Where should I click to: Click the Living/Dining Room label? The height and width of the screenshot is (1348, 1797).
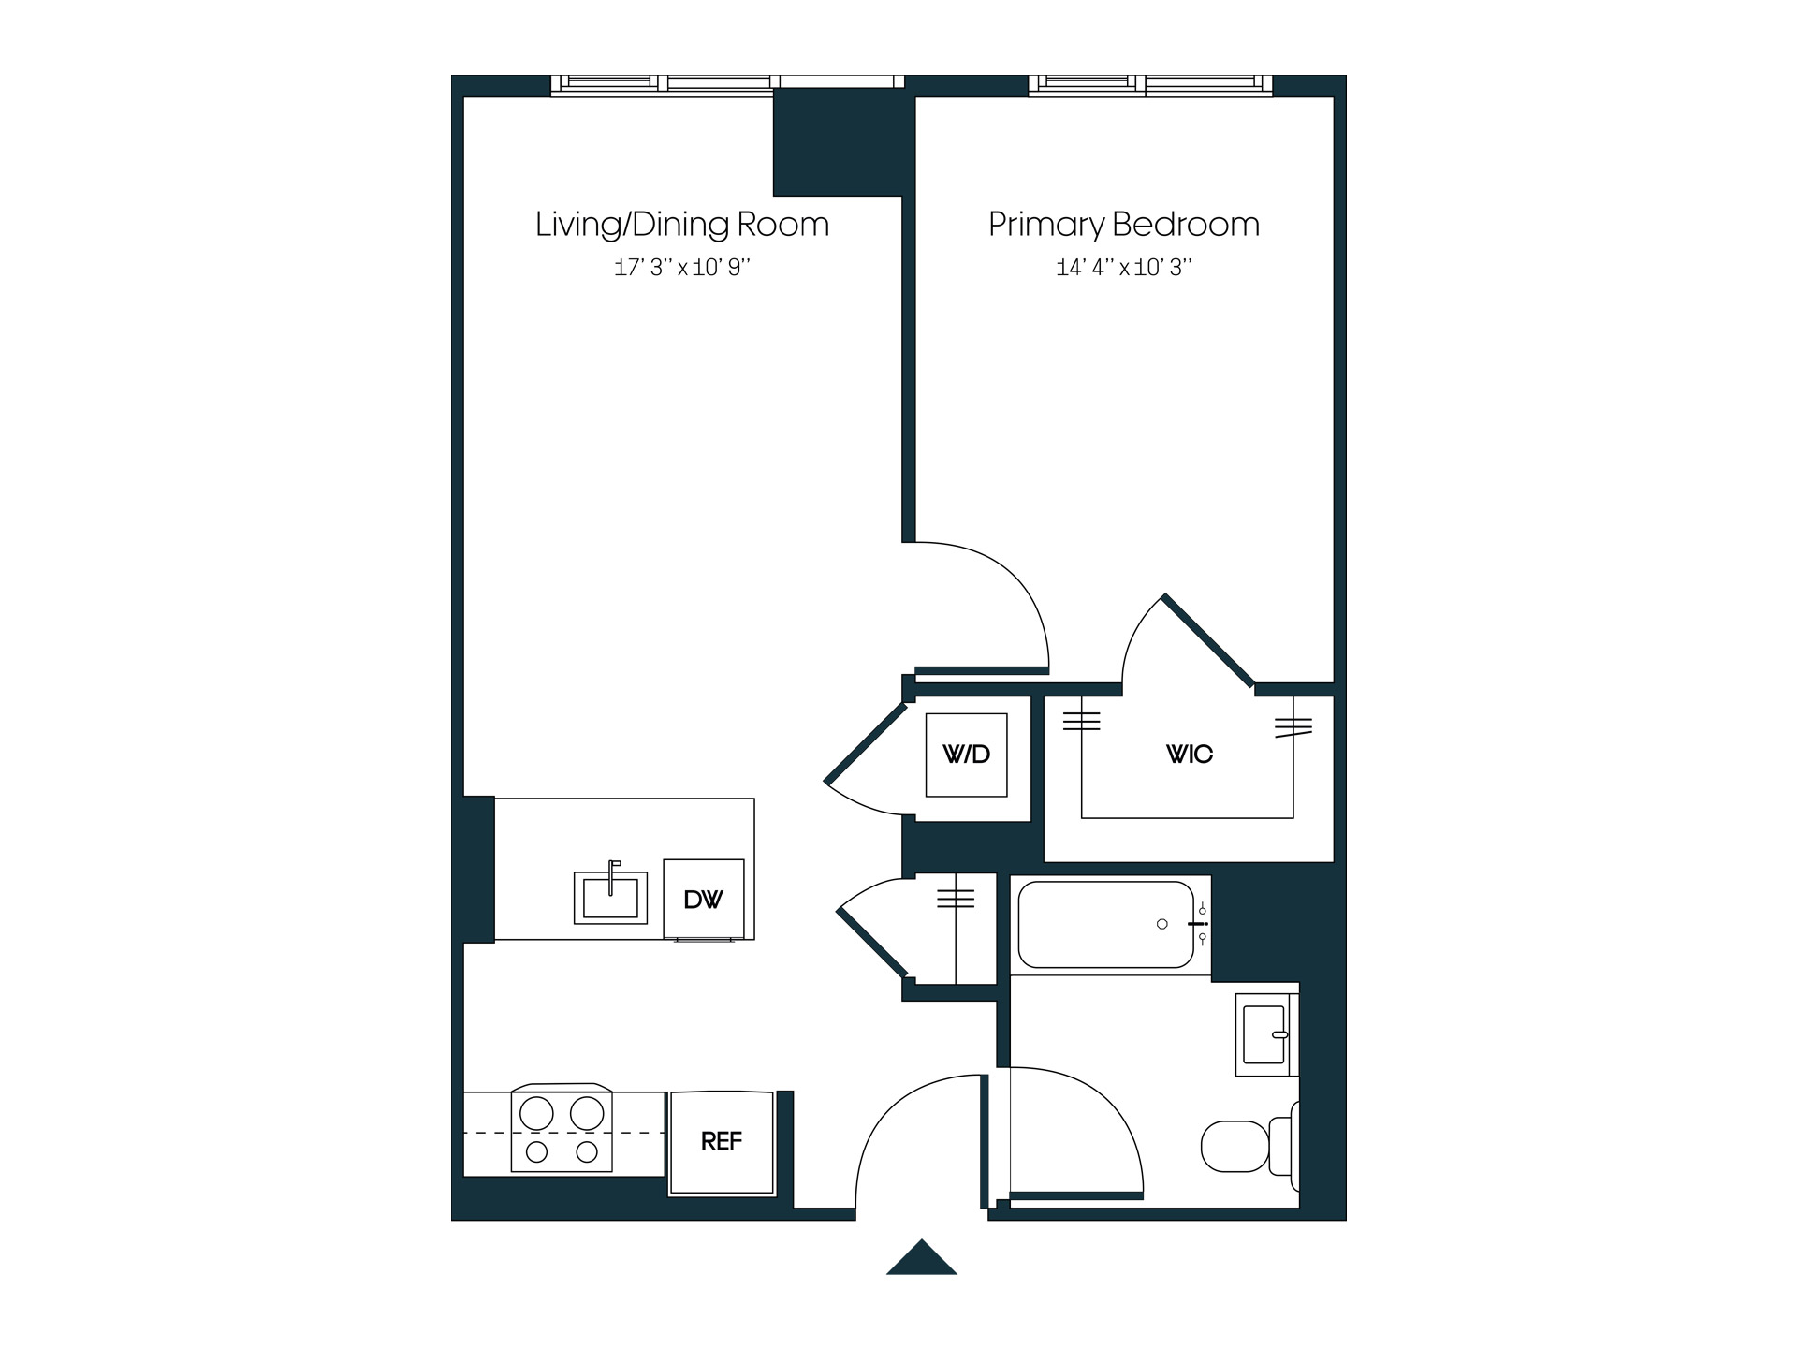pyautogui.click(x=682, y=225)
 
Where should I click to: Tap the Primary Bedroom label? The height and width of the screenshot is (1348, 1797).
pyautogui.click(x=1124, y=225)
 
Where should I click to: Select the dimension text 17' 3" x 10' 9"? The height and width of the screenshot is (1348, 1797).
pyautogui.click(x=682, y=268)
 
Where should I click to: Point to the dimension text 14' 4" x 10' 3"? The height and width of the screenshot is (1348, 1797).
pyautogui.click(x=1124, y=268)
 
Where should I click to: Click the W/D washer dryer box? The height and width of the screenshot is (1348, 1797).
pyautogui.click(x=966, y=755)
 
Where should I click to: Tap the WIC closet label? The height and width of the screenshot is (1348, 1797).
pyautogui.click(x=1189, y=755)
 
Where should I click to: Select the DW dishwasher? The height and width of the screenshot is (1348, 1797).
pyautogui.click(x=704, y=899)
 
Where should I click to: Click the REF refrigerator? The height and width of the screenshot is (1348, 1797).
pyautogui.click(x=722, y=1142)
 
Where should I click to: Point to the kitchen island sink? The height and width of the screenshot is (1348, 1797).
pyautogui.click(x=610, y=897)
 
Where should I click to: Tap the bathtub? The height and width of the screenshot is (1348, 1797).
pyautogui.click(x=1105, y=925)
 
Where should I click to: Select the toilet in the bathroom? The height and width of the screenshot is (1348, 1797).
pyautogui.click(x=1245, y=1146)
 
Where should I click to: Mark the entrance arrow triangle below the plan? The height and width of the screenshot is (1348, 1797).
pyautogui.click(x=922, y=1260)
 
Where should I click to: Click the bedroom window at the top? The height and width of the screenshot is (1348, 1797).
pyautogui.click(x=1150, y=84)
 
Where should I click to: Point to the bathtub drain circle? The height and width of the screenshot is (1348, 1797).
pyautogui.click(x=1162, y=924)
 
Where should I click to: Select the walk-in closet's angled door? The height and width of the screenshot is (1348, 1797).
pyautogui.click(x=1208, y=639)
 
